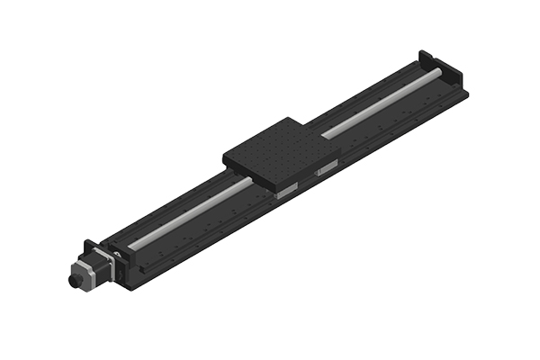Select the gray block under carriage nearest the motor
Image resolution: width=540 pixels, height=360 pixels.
[x=287, y=190]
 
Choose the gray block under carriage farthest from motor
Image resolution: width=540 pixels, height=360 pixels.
[x=325, y=168]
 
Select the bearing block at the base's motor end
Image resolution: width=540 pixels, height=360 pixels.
[x=122, y=256]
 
